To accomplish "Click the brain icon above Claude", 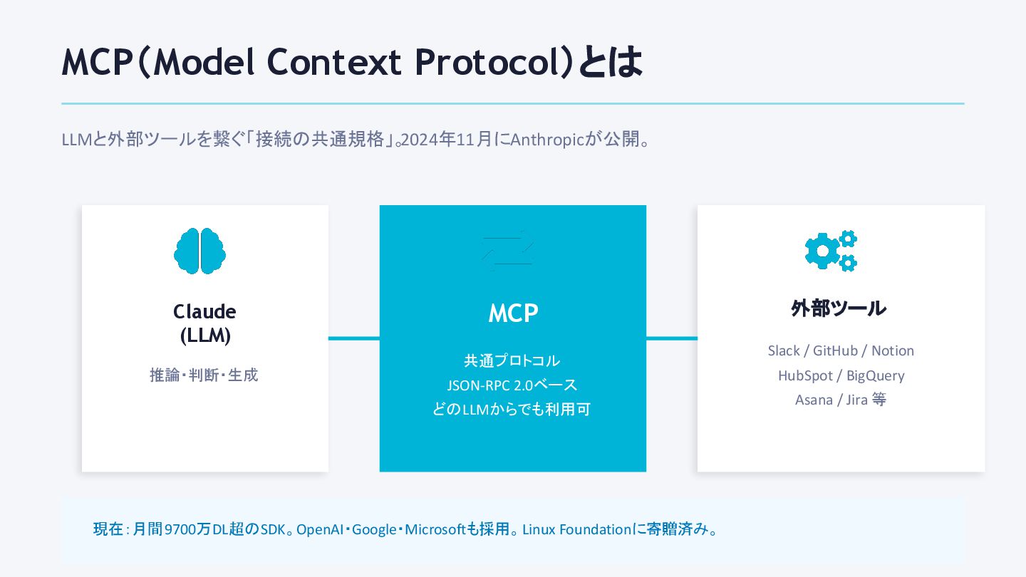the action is (x=199, y=251).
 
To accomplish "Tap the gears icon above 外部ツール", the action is (x=831, y=251).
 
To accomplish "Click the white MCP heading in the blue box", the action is (x=513, y=313).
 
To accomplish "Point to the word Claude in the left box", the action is (x=204, y=312).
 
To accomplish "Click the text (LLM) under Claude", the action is (x=204, y=336).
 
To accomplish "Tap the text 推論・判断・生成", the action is (x=204, y=375).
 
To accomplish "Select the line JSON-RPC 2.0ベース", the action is (x=512, y=385).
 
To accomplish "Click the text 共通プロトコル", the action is (x=512, y=360).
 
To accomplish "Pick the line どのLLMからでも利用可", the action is (x=512, y=410).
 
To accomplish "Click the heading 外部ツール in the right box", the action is (x=839, y=308).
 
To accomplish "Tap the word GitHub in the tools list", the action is (x=835, y=350).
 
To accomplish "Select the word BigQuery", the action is (x=875, y=375).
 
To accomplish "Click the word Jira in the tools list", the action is (x=856, y=400).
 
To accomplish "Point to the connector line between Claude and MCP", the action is (x=353, y=338).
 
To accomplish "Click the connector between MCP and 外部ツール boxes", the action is (x=671, y=338).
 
